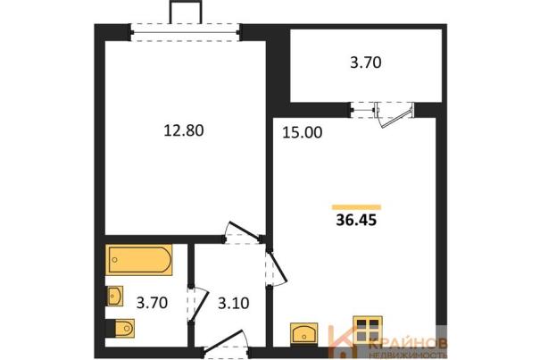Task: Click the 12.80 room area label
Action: point(184,130)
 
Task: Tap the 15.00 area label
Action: point(302,132)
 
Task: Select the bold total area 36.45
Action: point(356,220)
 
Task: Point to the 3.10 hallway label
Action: point(234,303)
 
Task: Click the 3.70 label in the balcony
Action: point(366,63)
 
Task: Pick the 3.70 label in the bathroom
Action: point(152,303)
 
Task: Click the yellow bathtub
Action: point(138,260)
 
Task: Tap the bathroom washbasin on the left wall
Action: point(114,296)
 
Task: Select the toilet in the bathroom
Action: point(120,328)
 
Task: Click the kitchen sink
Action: point(303,333)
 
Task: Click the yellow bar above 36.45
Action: point(356,207)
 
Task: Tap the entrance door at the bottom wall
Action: point(224,342)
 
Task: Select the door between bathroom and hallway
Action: point(198,305)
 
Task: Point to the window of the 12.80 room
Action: point(185,32)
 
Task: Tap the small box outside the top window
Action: point(185,13)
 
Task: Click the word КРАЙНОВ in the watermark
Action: point(408,343)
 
